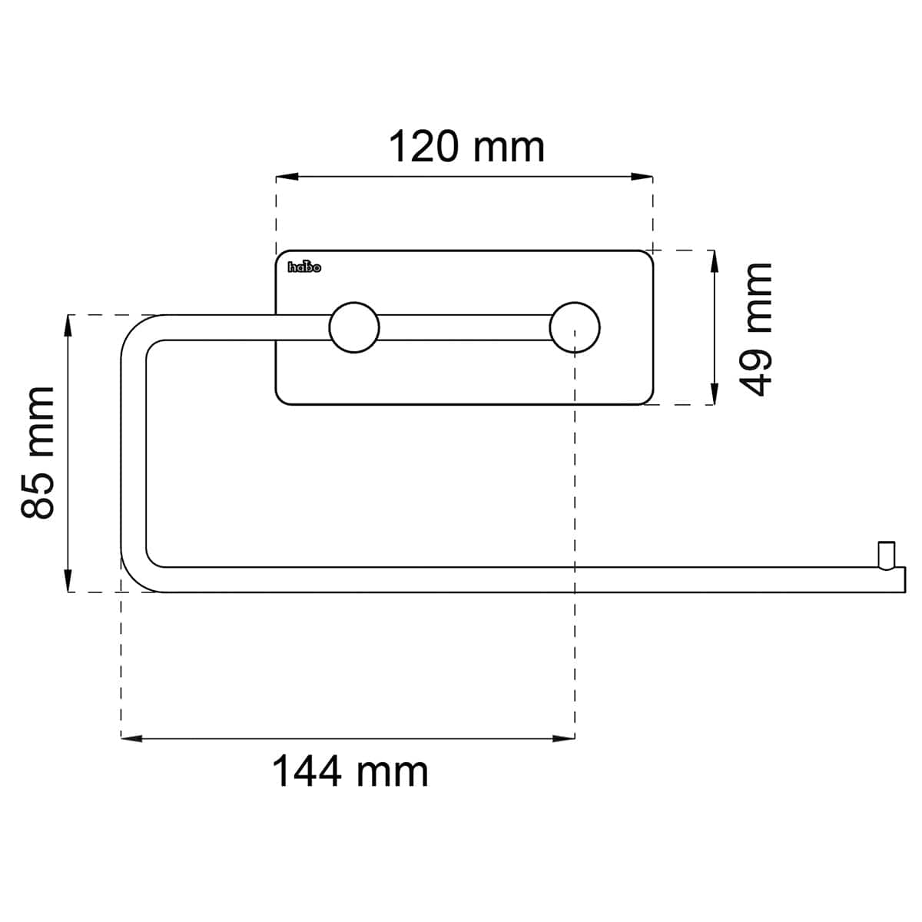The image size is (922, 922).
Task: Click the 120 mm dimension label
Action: point(466,147)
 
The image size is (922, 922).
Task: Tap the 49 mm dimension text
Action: point(757,330)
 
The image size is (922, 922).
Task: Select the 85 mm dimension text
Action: point(38,453)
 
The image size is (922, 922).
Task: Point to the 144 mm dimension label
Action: point(350,771)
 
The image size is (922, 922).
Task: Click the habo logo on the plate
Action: point(304,267)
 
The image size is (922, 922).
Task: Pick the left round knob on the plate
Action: point(354,328)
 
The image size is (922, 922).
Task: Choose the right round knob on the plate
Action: point(575,328)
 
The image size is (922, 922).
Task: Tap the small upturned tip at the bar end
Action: point(886,556)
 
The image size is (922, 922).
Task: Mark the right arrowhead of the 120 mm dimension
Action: point(642,177)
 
